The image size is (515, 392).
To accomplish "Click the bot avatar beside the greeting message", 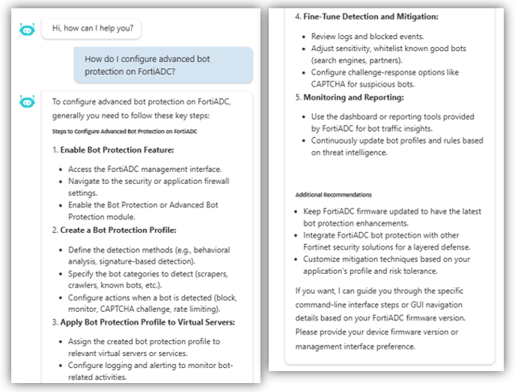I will pyautogui.click(x=27, y=29).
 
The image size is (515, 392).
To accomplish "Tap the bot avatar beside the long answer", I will pyautogui.click(x=27, y=101).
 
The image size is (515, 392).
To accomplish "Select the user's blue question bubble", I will pyautogui.click(x=163, y=65).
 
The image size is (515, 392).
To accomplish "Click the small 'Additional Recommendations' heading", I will pyautogui.click(x=333, y=195).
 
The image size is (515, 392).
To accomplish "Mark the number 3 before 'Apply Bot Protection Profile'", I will pyautogui.click(x=55, y=322).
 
